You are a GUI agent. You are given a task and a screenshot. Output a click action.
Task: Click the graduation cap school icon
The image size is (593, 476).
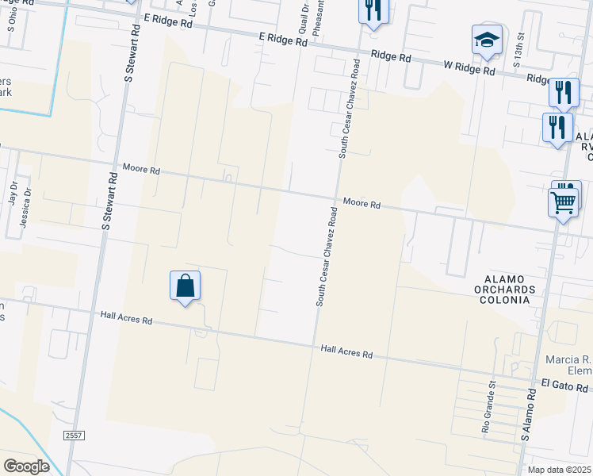point(486,40)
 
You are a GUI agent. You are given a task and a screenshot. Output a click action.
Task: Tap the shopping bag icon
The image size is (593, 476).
point(185,286)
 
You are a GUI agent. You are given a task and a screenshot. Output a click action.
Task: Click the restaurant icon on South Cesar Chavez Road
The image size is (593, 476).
point(372,10)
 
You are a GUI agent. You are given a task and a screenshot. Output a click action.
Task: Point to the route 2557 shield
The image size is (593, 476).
point(74,436)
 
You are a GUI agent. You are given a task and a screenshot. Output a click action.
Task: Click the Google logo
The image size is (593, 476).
point(26,466)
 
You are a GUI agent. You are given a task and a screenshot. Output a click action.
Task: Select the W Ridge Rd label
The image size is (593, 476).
point(469,70)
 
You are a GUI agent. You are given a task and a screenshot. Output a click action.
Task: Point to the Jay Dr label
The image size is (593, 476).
point(13,192)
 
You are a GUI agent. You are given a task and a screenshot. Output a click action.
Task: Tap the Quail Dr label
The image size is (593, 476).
point(304,17)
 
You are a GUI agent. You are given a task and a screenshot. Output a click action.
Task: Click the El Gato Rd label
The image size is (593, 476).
point(565,386)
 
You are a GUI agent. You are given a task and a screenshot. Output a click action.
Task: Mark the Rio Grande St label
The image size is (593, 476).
point(488,405)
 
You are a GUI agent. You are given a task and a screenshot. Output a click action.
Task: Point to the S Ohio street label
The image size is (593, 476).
point(12,19)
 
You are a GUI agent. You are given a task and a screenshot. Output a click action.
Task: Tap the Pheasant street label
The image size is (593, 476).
point(317,17)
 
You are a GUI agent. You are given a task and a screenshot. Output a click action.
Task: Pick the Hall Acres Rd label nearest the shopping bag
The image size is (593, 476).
point(126,317)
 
